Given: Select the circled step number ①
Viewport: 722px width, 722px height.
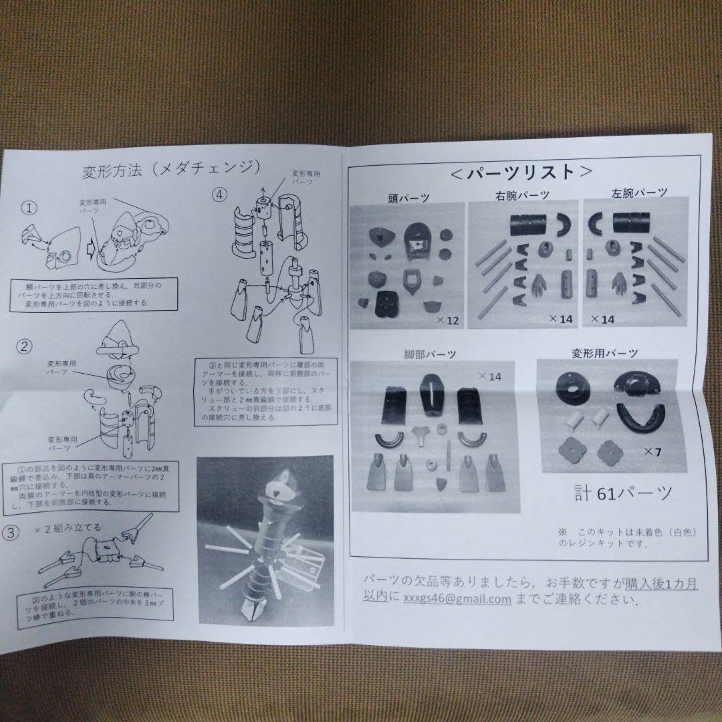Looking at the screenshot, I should pyautogui.click(x=29, y=207).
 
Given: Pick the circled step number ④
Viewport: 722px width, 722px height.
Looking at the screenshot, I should pyautogui.click(x=220, y=195).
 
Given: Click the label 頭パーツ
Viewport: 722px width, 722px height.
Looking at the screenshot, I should pyautogui.click(x=408, y=197).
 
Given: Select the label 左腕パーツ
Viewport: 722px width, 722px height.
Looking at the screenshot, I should pyautogui.click(x=639, y=193).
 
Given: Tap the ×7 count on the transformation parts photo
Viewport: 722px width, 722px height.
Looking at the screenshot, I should pyautogui.click(x=653, y=453).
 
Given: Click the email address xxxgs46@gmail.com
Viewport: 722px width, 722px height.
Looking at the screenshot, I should pyautogui.click(x=457, y=599).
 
